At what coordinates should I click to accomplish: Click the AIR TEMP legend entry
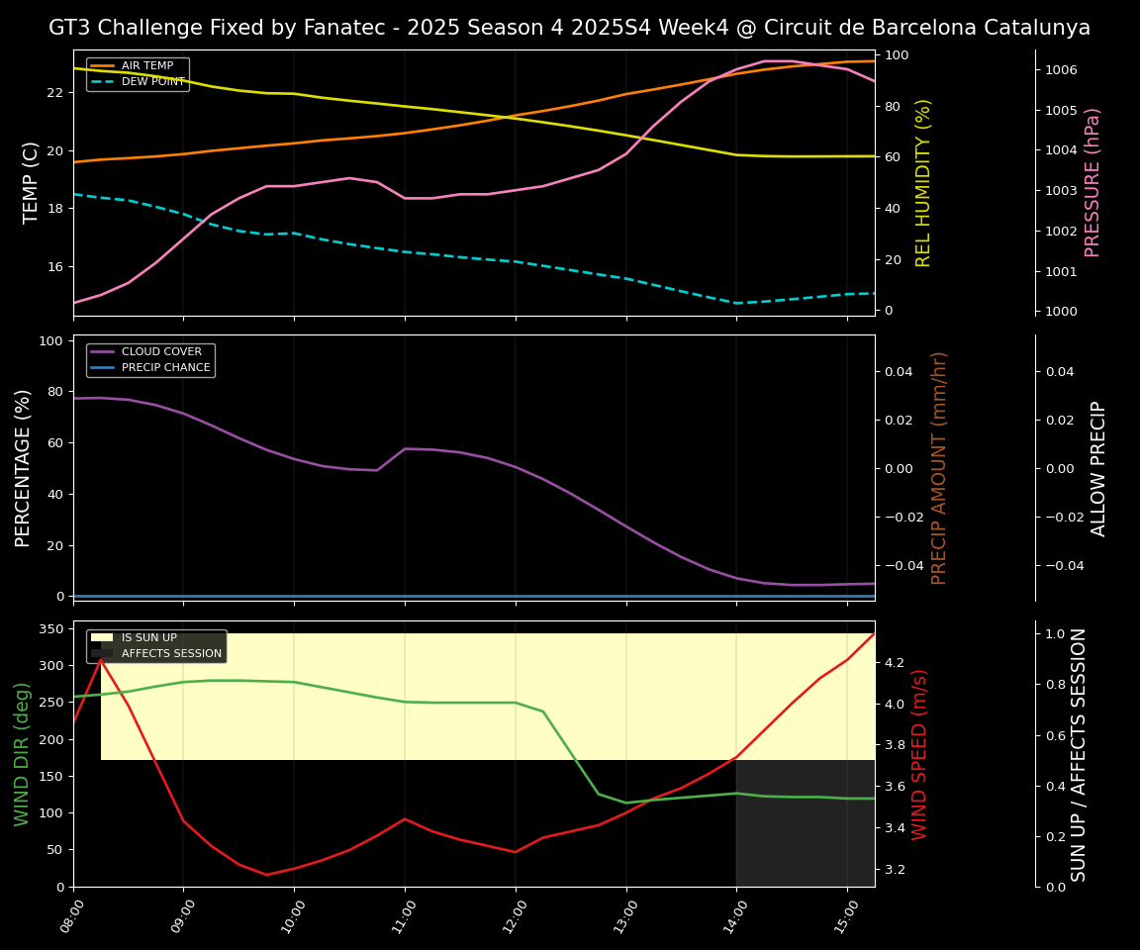click(x=146, y=65)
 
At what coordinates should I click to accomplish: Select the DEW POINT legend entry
click(x=152, y=81)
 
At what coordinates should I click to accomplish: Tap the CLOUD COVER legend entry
click(x=161, y=351)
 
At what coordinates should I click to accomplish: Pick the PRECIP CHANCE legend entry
click(x=165, y=367)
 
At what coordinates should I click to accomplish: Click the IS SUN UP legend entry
click(x=148, y=637)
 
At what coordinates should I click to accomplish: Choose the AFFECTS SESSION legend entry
click(x=171, y=653)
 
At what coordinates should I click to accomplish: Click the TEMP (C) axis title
click(x=32, y=182)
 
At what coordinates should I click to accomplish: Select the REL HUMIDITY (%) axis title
click(x=924, y=182)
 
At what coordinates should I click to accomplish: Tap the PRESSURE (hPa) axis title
click(x=1093, y=182)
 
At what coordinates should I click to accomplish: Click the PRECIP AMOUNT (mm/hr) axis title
click(x=940, y=467)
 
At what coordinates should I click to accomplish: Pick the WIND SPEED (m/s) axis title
click(x=920, y=754)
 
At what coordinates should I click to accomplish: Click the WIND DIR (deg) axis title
click(x=22, y=754)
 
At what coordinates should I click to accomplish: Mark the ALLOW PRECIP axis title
click(x=1099, y=468)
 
